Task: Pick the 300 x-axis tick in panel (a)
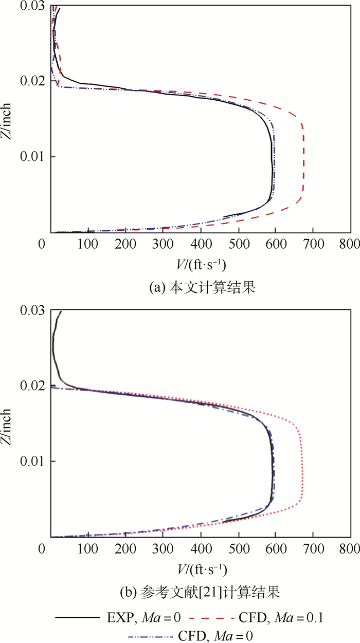pyautogui.click(x=163, y=243)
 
